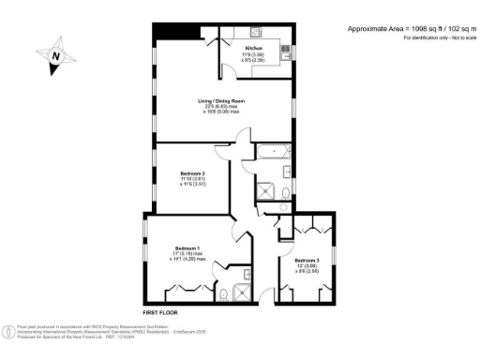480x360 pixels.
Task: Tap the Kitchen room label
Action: pyautogui.click(x=253, y=48)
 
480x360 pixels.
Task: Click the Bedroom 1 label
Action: pyautogui.click(x=187, y=248)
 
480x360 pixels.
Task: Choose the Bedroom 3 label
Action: pyautogui.click(x=307, y=260)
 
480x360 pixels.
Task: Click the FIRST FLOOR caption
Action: pyautogui.click(x=161, y=310)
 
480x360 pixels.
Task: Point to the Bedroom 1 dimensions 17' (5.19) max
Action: pyautogui.click(x=187, y=254)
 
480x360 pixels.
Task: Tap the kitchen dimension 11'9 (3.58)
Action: pyautogui.click(x=253, y=54)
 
